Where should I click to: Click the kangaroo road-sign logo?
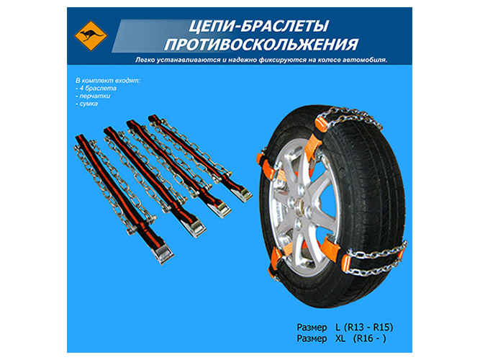pyautogui.click(x=91, y=36)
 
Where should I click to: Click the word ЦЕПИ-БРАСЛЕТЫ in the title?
pyautogui.click(x=258, y=26)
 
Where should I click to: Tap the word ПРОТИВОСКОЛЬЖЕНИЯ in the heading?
pyautogui.click(x=261, y=44)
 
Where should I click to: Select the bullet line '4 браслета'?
pyautogui.click(x=96, y=89)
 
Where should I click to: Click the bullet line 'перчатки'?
pyautogui.click(x=93, y=96)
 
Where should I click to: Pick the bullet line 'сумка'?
pyautogui.click(x=86, y=104)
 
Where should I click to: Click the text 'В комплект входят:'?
pyautogui.click(x=108, y=81)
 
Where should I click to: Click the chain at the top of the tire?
pyautogui.click(x=349, y=117)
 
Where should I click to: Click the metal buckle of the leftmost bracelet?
pyautogui.click(x=163, y=253)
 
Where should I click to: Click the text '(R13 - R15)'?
pyautogui.click(x=368, y=327)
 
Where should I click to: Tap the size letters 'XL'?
pyautogui.click(x=340, y=338)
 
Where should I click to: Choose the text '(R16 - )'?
pyautogui.click(x=369, y=338)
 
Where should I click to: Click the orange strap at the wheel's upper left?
pyautogui.click(x=264, y=166)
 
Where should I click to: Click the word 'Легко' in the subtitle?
pyautogui.click(x=145, y=60)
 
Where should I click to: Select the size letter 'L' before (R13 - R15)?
pyautogui.click(x=338, y=327)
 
